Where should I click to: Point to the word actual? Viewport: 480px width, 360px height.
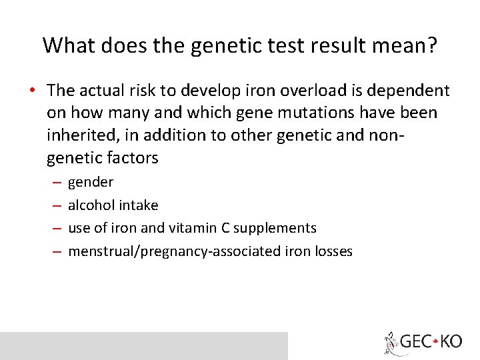[104, 91]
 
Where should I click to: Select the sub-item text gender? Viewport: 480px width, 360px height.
[91, 182]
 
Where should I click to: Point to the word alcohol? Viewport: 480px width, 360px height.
[91, 205]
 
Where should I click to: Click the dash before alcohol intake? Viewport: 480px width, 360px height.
[57, 205]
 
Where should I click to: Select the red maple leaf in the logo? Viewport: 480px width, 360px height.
[435, 342]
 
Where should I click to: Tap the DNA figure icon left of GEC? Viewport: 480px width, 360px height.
[391, 343]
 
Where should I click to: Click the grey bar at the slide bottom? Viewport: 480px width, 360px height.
[143, 345]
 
